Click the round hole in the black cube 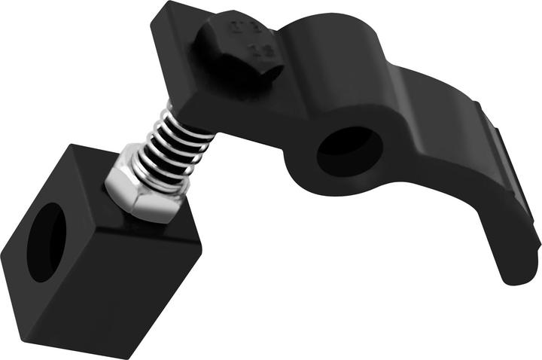tap(46, 242)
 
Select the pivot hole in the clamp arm tap(348, 148)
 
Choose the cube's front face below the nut tap(143, 279)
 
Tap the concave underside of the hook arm tap(452, 203)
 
